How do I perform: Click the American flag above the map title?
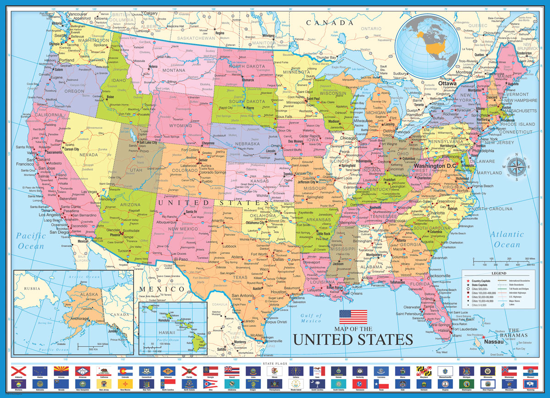click(x=353, y=317)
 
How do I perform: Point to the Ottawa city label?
click(x=447, y=83)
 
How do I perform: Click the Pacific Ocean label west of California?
click(x=31, y=241)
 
